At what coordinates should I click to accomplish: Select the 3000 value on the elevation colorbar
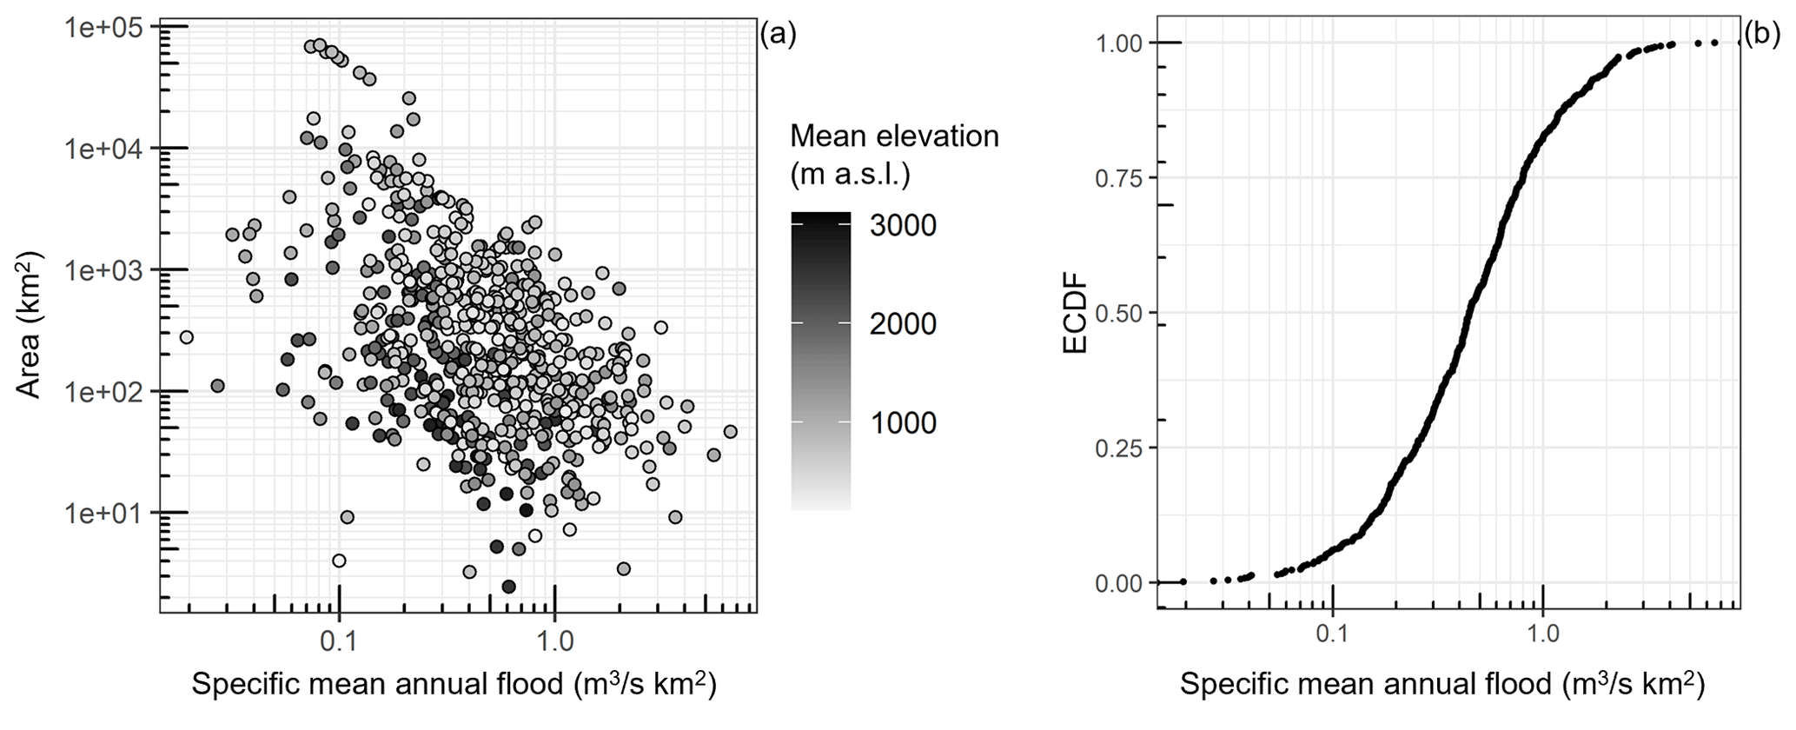pos(904,226)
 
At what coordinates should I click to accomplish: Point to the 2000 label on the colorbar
pos(904,325)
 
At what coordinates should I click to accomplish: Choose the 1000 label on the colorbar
pos(904,424)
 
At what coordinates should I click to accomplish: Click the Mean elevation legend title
pos(894,156)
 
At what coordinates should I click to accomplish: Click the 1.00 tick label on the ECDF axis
pos(1120,43)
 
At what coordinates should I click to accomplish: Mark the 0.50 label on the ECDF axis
pos(1120,314)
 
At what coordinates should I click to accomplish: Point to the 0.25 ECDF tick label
pos(1120,448)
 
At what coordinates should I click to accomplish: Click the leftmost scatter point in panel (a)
pos(185,337)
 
